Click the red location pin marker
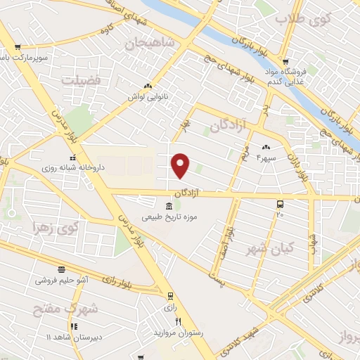181,165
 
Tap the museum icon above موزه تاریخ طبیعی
168,206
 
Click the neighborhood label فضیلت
81,80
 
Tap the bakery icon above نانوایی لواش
148,86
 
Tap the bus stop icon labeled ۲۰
280,205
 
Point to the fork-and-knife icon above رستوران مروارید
178,321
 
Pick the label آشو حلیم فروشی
63,280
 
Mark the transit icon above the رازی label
169,296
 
